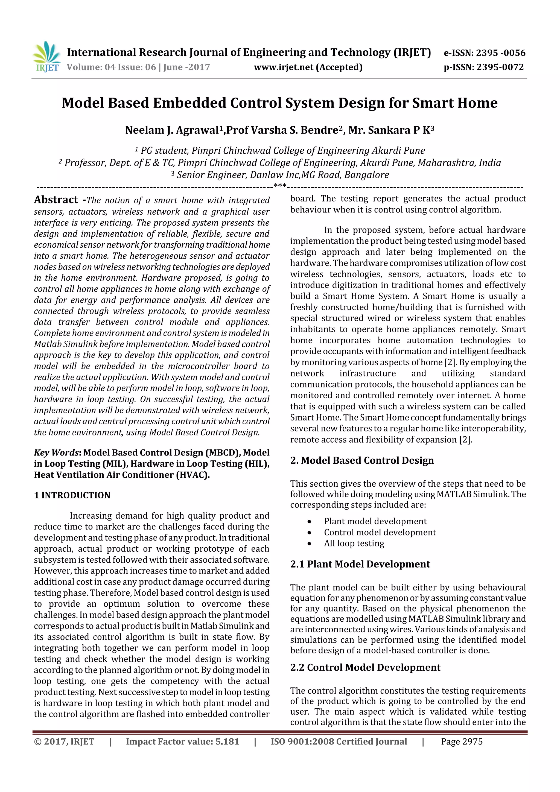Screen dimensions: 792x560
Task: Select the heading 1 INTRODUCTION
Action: pyautogui.click(x=72, y=495)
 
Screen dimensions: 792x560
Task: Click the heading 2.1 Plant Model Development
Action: pyautogui.click(x=360, y=564)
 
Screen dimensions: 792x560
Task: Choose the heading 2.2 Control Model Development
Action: pyautogui.click(x=365, y=668)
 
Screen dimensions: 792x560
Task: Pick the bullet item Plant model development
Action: pyautogui.click(x=375, y=521)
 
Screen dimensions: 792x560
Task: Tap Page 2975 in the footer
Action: pyautogui.click(x=462, y=742)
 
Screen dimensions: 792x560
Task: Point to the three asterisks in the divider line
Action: pyautogui.click(x=280, y=186)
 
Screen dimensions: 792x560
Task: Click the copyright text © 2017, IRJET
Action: pyautogui.click(x=64, y=742)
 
